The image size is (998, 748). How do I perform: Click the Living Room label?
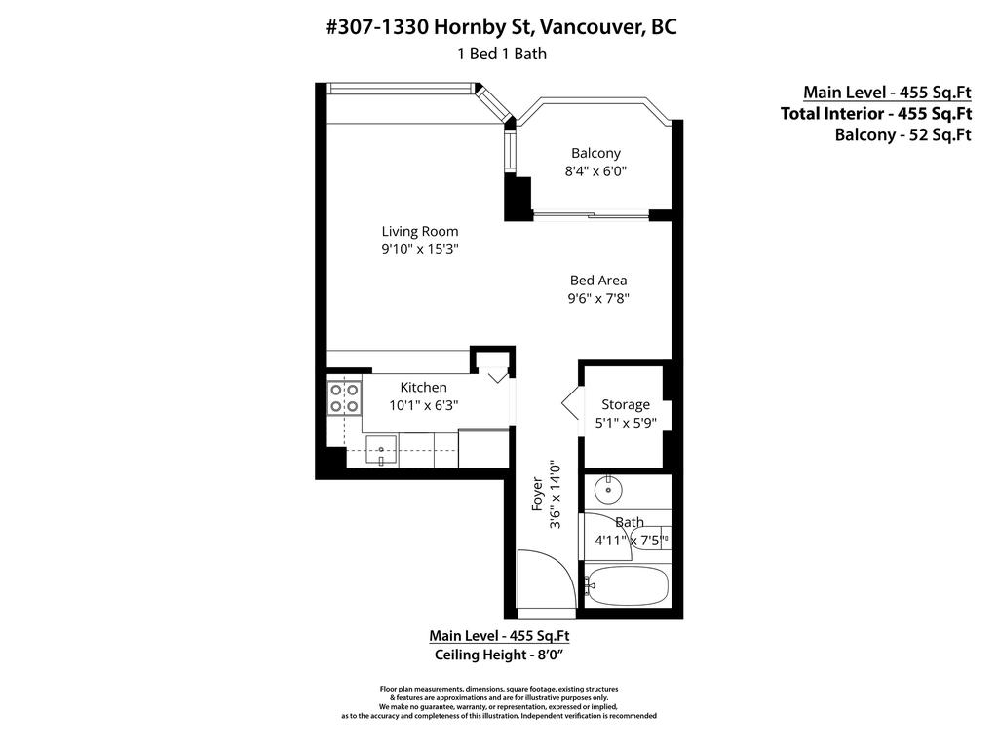tap(419, 232)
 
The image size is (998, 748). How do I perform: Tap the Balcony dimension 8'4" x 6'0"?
tap(595, 171)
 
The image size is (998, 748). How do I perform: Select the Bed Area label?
tap(598, 280)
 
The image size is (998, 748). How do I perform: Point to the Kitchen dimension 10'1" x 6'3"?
tap(423, 405)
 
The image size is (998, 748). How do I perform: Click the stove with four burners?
tap(344, 398)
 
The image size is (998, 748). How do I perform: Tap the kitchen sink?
tap(382, 451)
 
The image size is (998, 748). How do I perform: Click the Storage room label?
tap(625, 405)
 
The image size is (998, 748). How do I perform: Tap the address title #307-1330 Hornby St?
tap(501, 27)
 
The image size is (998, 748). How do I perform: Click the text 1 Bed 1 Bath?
tap(501, 54)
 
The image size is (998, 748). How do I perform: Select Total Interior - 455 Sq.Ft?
tap(875, 114)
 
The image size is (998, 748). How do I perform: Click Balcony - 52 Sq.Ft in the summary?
tap(902, 135)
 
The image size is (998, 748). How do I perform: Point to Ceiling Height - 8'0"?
tap(499, 654)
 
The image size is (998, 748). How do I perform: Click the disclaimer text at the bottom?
tap(499, 702)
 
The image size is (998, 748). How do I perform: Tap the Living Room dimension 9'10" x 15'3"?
tap(419, 250)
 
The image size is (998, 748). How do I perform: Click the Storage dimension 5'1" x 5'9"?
tap(625, 424)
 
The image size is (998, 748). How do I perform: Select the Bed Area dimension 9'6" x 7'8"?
tap(598, 299)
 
